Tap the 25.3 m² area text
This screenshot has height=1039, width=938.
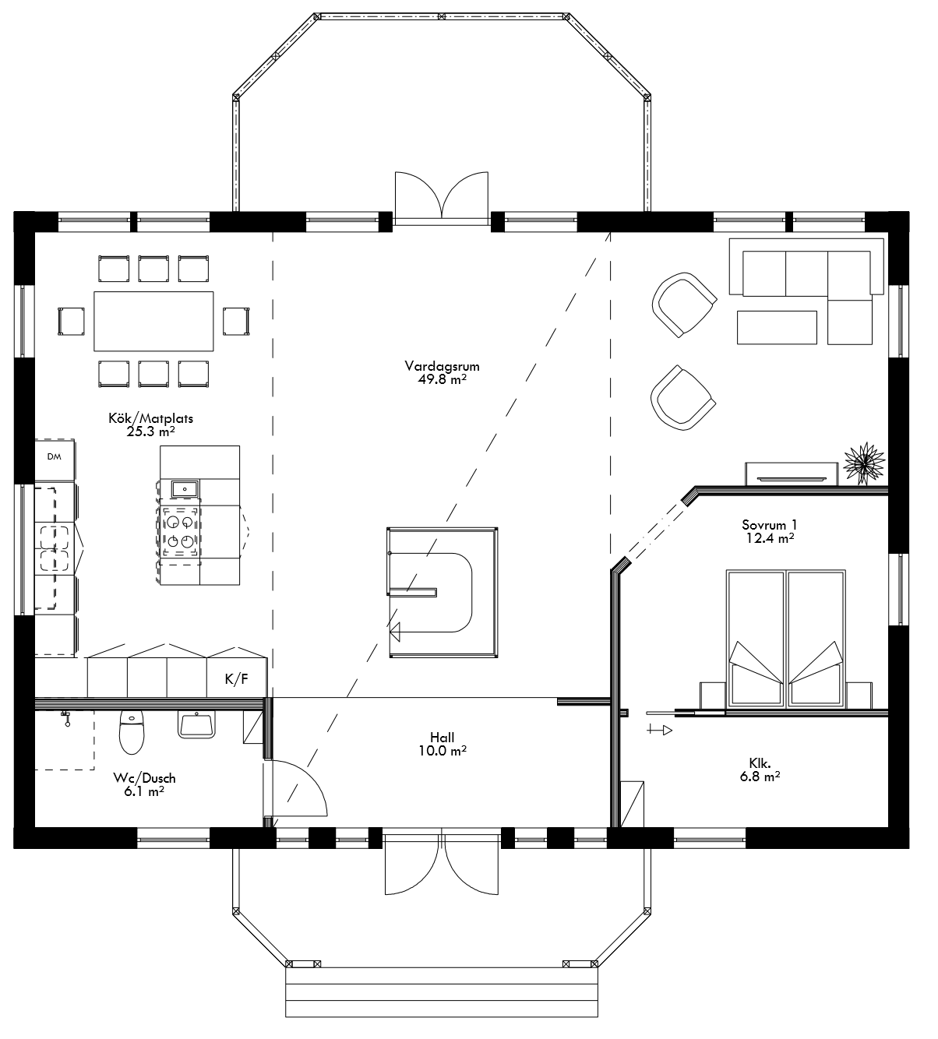point(150,431)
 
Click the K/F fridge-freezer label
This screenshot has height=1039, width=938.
point(237,679)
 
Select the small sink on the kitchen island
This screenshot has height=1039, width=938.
point(185,489)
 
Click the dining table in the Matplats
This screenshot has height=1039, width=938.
point(153,321)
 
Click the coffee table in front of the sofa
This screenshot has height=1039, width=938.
point(777,327)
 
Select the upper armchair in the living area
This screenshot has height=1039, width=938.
point(683,304)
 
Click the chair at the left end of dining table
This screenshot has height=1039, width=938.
point(71,321)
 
